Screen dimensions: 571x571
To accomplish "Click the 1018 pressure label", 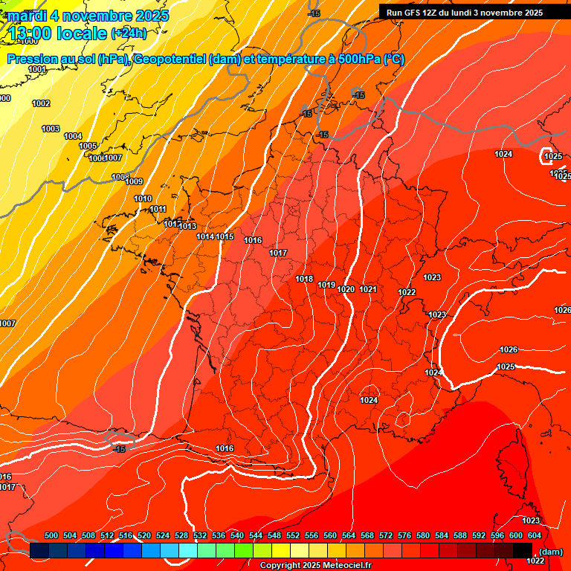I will [304, 280].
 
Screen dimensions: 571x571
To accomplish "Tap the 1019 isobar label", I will [326, 285].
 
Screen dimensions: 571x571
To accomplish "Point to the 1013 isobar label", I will [187, 226].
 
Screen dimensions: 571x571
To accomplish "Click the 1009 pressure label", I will [134, 182].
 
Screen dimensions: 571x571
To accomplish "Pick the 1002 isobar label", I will [41, 103].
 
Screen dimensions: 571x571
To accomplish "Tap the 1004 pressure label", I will [73, 136].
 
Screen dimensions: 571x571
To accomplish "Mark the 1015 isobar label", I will [225, 236].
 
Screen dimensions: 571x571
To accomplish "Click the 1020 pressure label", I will [346, 289].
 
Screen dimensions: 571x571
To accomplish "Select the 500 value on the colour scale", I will [51, 535].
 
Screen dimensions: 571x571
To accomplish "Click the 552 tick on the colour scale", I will [293, 535].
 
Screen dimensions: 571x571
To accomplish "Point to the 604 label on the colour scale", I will [535, 535].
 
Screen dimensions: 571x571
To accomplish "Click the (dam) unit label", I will [551, 552].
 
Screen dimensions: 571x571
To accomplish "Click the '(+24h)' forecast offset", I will [129, 33].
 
